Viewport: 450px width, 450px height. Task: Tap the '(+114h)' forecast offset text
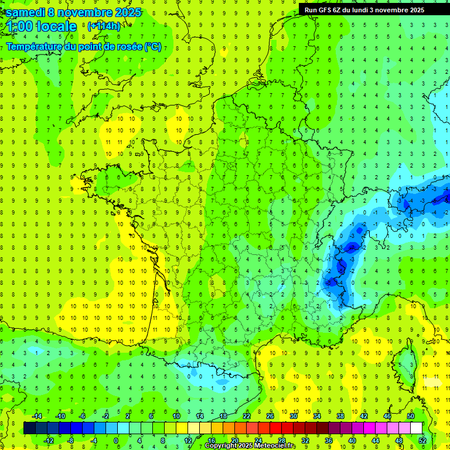pos(104,26)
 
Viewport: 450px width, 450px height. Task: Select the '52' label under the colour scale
pos(422,440)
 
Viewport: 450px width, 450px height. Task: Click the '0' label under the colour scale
pos(116,440)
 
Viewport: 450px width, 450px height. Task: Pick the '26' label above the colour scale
pos(270,415)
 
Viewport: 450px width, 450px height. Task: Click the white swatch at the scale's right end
pos(417,428)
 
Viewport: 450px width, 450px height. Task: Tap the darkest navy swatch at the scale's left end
pos(29,428)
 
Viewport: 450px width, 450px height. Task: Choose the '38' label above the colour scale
pos(340,415)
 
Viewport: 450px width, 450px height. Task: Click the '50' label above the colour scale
pos(410,415)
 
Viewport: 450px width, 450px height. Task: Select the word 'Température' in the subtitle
pos(36,47)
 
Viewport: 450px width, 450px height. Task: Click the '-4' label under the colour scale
pos(93,440)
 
